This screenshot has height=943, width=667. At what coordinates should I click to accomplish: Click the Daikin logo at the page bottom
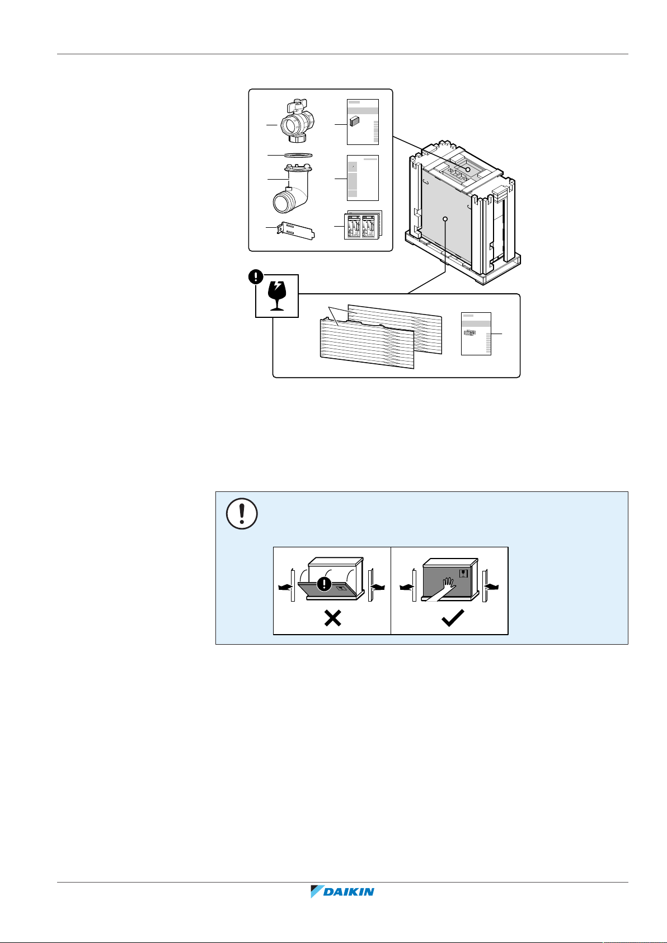pos(342,892)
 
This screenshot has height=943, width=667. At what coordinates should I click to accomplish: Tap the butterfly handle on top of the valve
pos(298,105)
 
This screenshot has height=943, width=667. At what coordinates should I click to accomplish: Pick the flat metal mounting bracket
pos(294,230)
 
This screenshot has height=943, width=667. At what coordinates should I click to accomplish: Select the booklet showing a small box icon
pos(363,122)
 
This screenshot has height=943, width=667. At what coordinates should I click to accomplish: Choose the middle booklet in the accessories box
pos(363,177)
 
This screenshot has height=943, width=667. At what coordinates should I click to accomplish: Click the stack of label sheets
pos(363,226)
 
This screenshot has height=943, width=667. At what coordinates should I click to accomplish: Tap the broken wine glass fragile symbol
pos(277,297)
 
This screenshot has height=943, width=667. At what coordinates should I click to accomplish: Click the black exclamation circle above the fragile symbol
pos(256,276)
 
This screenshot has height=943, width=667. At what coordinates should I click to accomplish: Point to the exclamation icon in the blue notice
pos(242,513)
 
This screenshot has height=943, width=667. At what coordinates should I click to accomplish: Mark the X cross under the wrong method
pos(333,619)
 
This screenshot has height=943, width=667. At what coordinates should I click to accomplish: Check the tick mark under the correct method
pos(452,619)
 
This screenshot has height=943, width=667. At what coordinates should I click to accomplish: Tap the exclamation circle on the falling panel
pos(325,584)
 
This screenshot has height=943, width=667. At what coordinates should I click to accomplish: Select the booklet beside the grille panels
pos(476,334)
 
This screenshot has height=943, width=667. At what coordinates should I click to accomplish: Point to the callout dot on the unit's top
pos(468,169)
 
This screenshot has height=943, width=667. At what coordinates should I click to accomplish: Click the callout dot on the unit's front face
pos(445,219)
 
